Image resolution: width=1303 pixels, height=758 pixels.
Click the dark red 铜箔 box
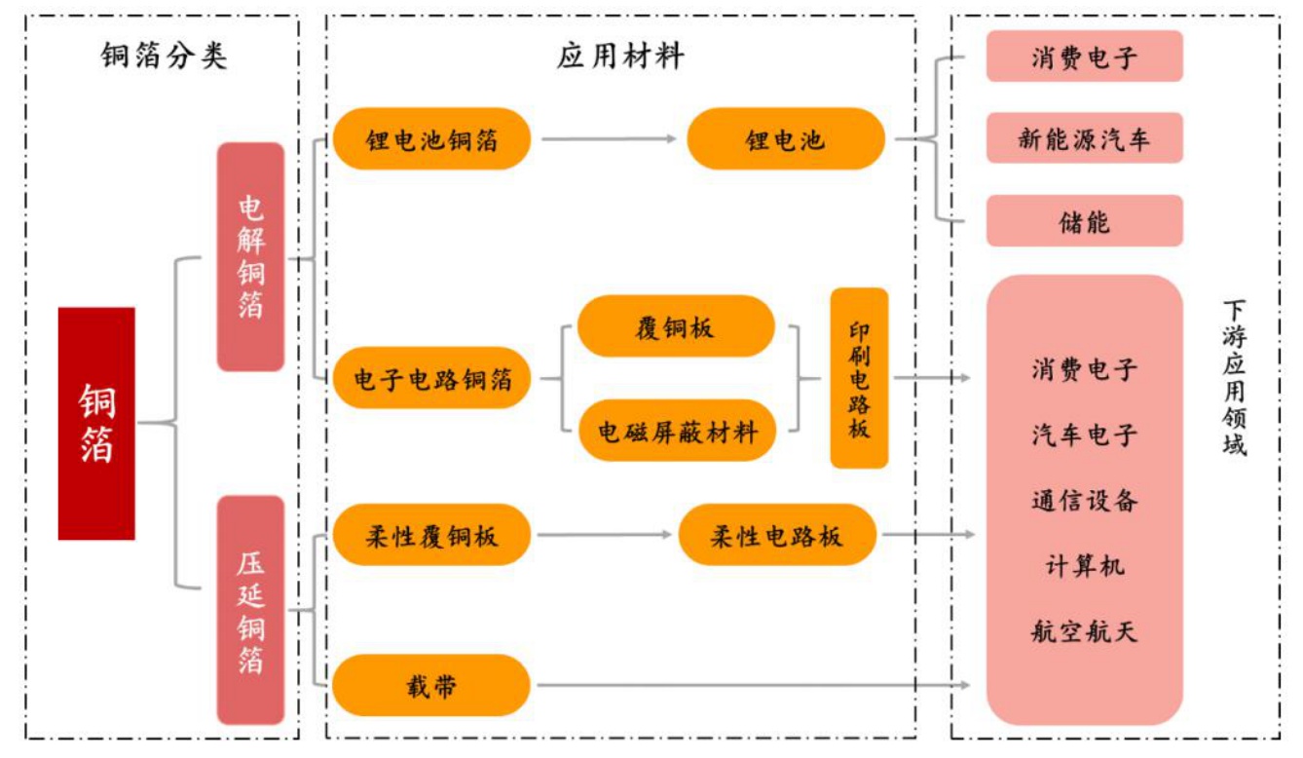point(96,423)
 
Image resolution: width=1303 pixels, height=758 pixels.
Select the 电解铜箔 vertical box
point(250,257)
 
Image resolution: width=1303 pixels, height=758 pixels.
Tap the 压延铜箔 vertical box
point(250,610)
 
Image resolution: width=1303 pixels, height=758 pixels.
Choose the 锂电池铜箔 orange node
point(431,139)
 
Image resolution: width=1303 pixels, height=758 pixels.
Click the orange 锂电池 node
point(785,139)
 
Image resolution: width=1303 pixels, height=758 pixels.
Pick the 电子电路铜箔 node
point(431,378)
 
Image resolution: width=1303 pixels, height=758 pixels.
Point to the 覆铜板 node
point(675,326)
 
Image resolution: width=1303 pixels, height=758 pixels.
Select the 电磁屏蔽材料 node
point(677,430)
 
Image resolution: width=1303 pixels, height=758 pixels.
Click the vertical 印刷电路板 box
point(859,378)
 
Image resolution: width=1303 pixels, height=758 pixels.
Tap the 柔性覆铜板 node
point(431,535)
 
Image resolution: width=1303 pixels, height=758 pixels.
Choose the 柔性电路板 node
point(776,535)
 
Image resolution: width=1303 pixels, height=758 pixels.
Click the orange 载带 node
point(431,686)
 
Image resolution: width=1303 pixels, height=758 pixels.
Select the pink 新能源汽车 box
point(1084,138)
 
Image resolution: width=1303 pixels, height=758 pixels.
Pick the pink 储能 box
point(1084,221)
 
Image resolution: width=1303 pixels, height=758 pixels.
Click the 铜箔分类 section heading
point(164,57)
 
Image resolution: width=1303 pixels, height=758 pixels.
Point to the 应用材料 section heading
point(620,57)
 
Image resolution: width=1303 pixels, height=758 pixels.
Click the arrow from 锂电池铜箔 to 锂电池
point(609,139)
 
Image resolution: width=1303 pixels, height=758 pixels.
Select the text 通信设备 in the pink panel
point(1084,501)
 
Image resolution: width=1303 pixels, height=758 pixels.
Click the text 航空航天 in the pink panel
point(1084,632)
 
